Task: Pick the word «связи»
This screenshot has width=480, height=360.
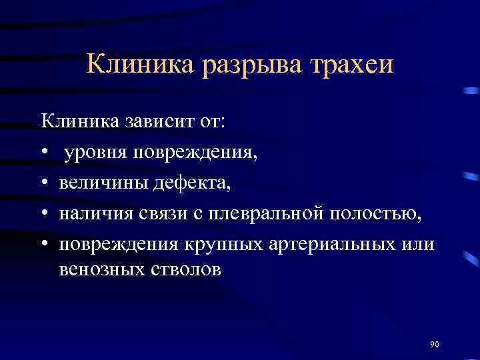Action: tap(167, 213)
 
